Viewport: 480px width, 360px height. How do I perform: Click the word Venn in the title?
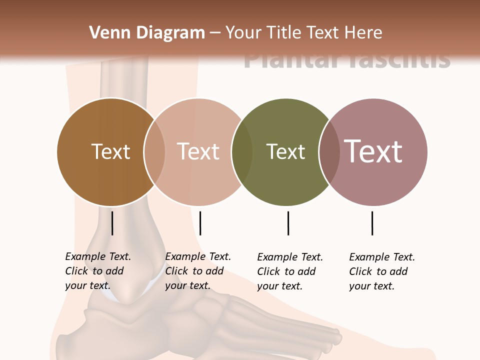pyautogui.click(x=106, y=33)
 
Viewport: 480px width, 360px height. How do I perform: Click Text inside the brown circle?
pyautogui.click(x=110, y=151)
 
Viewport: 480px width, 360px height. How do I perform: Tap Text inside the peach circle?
pyautogui.click(x=198, y=151)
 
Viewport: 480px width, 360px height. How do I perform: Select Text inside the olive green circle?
pyautogui.click(x=285, y=151)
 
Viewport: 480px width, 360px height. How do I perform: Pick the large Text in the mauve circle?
pyautogui.click(x=373, y=151)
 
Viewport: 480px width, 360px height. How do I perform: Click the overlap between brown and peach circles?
pyautogui.click(x=154, y=151)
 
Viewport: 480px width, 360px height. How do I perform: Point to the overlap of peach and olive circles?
pyautogui.click(x=242, y=151)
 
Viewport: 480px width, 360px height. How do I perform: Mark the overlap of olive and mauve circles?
pyautogui.click(x=329, y=151)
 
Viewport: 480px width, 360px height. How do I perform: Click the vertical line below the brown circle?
pyautogui.click(x=112, y=223)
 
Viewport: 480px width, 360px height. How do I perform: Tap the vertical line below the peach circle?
pyautogui.click(x=200, y=223)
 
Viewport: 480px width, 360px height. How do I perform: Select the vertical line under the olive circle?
pyautogui.click(x=288, y=223)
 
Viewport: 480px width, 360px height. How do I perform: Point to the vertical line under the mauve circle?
pyautogui.click(x=372, y=223)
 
